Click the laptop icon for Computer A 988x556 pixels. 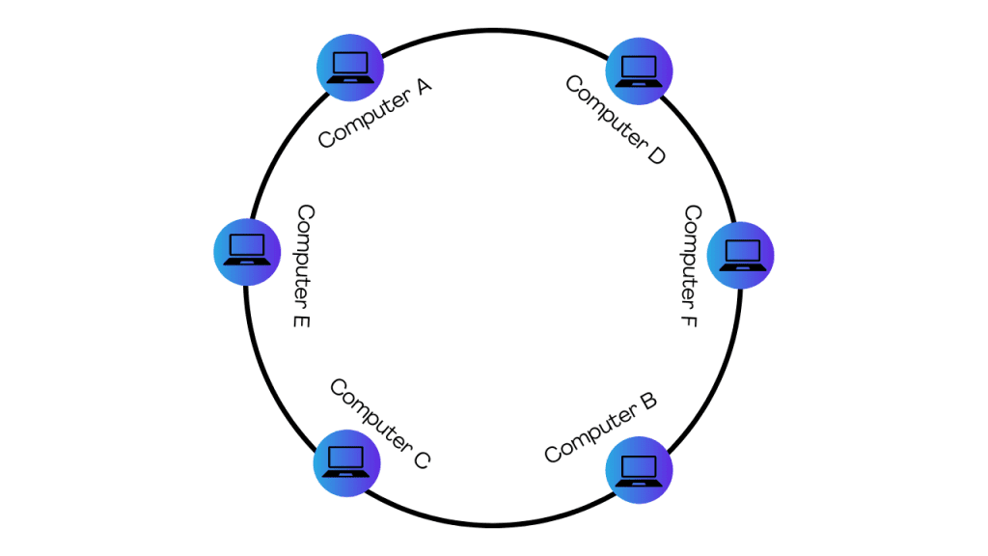(350, 67)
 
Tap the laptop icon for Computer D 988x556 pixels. (639, 70)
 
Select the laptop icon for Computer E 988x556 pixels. (246, 251)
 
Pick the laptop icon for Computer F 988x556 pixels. (741, 256)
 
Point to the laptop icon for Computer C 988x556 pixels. (346, 462)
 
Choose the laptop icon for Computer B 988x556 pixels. (639, 470)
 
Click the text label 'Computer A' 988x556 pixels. (374, 113)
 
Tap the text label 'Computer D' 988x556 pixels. (616, 120)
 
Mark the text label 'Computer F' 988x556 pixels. (690, 265)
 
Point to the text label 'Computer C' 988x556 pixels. (379, 424)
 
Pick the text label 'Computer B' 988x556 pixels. (600, 427)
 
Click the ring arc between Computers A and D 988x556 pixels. (493, 31)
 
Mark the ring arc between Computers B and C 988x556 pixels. (493, 526)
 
